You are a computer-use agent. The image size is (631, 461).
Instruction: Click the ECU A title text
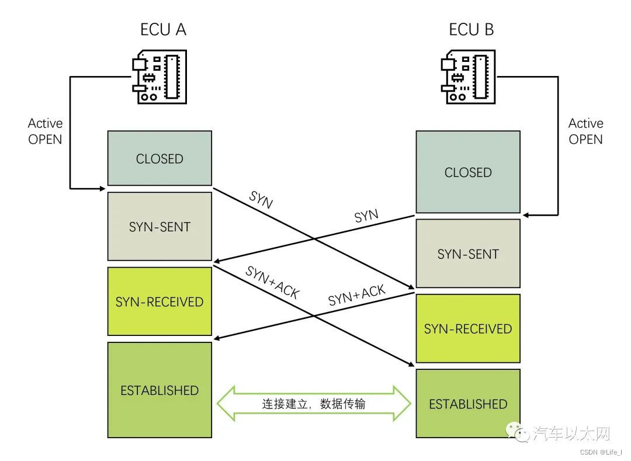163,29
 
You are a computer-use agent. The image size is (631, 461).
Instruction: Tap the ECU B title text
471,29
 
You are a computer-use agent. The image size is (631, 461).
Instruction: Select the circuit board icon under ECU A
160,77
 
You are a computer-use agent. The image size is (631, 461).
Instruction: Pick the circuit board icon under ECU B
468,77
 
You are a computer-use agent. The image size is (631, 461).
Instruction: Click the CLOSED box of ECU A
160,158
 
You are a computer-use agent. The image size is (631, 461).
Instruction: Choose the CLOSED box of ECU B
468,172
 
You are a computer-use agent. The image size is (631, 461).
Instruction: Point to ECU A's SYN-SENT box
160,227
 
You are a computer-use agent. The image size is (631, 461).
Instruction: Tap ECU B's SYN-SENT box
468,254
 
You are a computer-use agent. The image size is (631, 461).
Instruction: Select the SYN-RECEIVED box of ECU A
160,301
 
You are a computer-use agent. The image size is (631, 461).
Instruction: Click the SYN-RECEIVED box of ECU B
468,328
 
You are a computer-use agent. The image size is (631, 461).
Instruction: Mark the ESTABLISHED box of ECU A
160,390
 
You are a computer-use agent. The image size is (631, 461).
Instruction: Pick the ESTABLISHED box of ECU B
468,404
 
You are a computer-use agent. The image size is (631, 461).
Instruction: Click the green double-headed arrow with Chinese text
314,404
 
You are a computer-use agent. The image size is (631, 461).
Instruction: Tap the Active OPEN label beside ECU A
45,131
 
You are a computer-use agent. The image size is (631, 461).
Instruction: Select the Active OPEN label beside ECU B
585,131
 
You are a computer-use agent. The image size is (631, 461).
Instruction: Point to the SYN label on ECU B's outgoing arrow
366,216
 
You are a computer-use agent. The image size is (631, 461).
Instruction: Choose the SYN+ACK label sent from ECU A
272,282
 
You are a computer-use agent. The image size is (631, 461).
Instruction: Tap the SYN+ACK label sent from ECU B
356,296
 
